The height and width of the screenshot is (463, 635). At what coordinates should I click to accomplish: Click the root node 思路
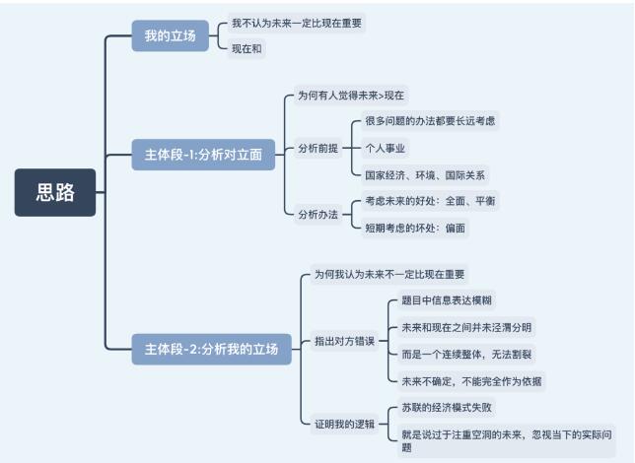[55, 192]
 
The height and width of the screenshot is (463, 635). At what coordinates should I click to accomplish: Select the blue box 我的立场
[170, 35]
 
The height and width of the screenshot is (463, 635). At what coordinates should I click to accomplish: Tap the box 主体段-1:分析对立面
[203, 155]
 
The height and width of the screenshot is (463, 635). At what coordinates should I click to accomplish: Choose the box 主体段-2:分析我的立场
[211, 349]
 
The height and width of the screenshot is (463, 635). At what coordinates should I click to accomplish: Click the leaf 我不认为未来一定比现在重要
[297, 23]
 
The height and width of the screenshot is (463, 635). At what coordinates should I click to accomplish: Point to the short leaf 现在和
[247, 49]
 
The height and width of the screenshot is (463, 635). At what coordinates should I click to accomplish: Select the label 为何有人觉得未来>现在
[351, 96]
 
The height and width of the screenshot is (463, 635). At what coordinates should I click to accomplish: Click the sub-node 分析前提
[317, 148]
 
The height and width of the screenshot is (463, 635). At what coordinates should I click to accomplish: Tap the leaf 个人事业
[386, 148]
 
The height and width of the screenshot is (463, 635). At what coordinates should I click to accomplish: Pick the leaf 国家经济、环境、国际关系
[425, 175]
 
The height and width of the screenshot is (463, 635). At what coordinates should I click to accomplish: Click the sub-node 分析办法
[317, 214]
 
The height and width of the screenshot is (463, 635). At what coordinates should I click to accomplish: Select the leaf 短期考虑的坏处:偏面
[415, 228]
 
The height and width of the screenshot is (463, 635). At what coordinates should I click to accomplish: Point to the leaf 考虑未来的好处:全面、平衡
[430, 201]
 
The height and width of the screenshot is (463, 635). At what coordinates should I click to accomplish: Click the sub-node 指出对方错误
[345, 341]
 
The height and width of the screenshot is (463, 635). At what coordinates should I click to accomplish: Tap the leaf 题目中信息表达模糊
[447, 300]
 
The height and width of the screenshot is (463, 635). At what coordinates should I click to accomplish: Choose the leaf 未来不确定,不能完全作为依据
[471, 381]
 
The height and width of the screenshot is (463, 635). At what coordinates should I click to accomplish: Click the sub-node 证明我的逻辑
[345, 425]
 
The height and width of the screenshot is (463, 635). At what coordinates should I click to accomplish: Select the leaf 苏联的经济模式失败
[447, 408]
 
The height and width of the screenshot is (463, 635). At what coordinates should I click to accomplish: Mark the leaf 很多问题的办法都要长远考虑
[430, 120]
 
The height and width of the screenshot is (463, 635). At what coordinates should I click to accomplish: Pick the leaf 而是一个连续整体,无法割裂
[466, 355]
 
